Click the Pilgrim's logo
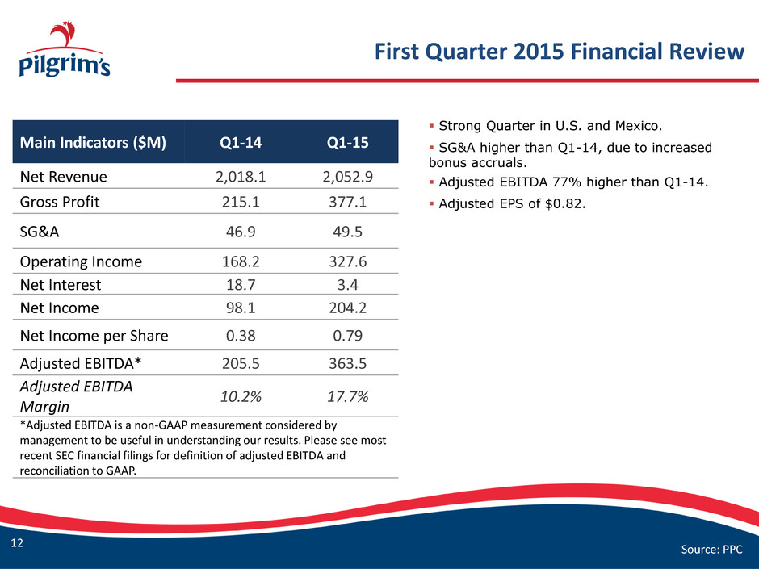pyautogui.click(x=65, y=49)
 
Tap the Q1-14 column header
pyautogui.click(x=241, y=142)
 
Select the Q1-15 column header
pyautogui.click(x=347, y=142)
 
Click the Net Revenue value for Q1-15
pyautogui.click(x=347, y=177)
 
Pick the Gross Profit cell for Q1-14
pyautogui.click(x=241, y=202)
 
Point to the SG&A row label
pyautogui.click(x=40, y=232)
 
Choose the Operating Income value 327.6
pyautogui.click(x=347, y=261)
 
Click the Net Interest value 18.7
pyautogui.click(x=241, y=285)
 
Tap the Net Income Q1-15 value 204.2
pyautogui.click(x=347, y=308)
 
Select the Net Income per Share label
pyautogui.click(x=94, y=336)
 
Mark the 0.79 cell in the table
pyautogui.click(x=347, y=336)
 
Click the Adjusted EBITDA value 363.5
pyautogui.click(x=347, y=363)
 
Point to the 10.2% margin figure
pyautogui.click(x=241, y=397)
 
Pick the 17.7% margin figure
pyautogui.click(x=347, y=397)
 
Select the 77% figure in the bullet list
pyautogui.click(x=570, y=182)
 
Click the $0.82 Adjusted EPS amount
pyautogui.click(x=565, y=203)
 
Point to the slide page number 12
pyautogui.click(x=17, y=543)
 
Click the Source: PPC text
pyautogui.click(x=711, y=549)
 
